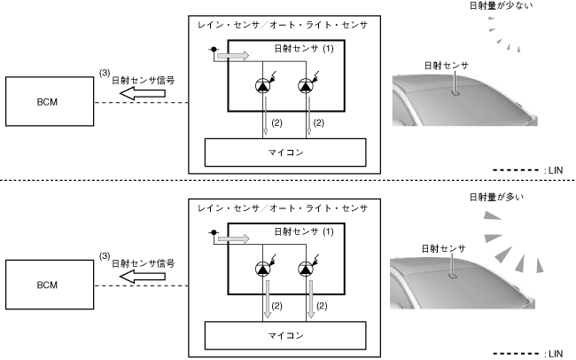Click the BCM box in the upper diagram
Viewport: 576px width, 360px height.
pyautogui.click(x=48, y=102)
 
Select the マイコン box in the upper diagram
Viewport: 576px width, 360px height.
pyautogui.click(x=284, y=152)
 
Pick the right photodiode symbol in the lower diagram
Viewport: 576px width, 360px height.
pyautogui.click(x=307, y=270)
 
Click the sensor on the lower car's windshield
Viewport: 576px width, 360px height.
pyautogui.click(x=453, y=274)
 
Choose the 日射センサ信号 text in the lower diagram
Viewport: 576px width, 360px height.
pyautogui.click(x=144, y=262)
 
